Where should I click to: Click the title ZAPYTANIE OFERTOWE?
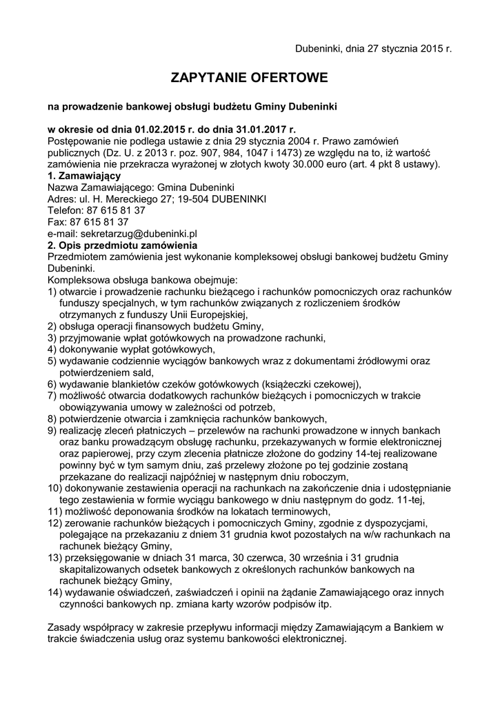pos(250,78)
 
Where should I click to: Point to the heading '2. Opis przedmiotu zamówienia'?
pos(123,245)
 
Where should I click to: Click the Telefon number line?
pos(96,210)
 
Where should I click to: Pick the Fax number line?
pos(88,222)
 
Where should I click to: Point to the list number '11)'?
pos(54,512)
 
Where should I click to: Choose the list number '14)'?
pos(54,592)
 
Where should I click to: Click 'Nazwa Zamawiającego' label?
pos(100,187)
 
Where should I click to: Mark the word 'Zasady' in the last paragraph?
pos(63,627)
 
